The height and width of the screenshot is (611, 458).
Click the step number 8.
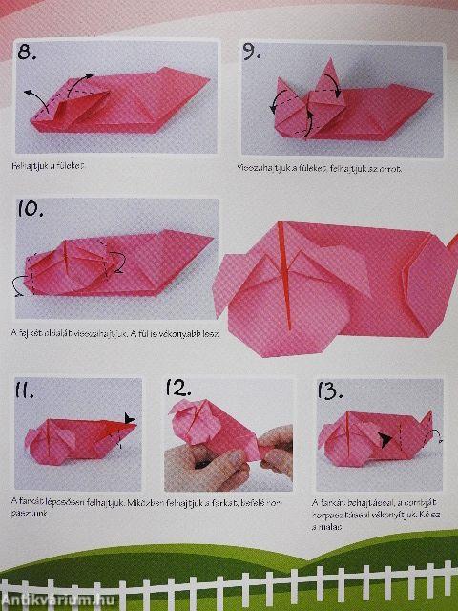click(x=28, y=53)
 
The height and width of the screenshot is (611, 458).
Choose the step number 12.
click(x=179, y=389)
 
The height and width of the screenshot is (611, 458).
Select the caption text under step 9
click(x=319, y=169)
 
